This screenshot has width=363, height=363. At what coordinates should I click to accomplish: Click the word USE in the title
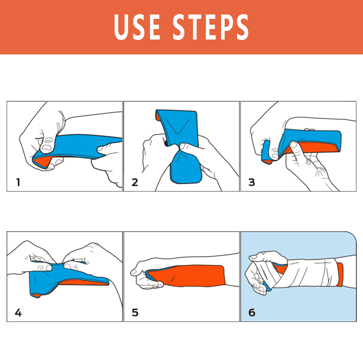[x=137, y=27]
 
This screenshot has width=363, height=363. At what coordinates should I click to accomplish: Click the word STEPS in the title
[x=211, y=27]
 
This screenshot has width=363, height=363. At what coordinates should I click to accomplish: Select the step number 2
[x=135, y=182]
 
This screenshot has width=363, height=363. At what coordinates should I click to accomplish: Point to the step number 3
[x=252, y=182]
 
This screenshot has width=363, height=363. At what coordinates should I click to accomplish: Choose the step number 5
[x=135, y=312]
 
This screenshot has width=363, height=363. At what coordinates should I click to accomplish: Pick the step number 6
[x=252, y=312]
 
